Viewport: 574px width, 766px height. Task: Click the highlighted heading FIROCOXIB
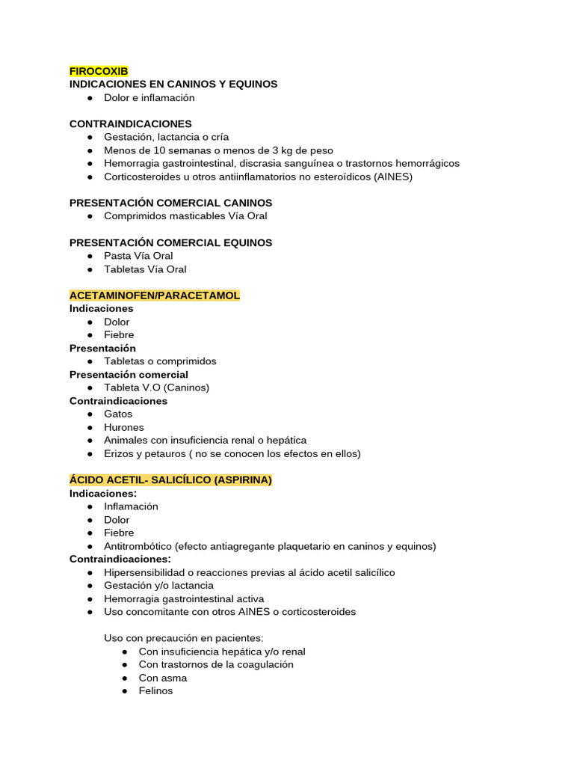pyautogui.click(x=99, y=71)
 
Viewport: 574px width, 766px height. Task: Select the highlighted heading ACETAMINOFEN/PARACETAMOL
pyautogui.click(x=155, y=295)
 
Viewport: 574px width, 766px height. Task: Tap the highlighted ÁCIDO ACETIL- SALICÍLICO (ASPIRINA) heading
pyautogui.click(x=170, y=480)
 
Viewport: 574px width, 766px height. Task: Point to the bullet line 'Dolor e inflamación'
pyautogui.click(x=149, y=98)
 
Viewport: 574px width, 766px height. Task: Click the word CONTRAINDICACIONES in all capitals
pyautogui.click(x=130, y=124)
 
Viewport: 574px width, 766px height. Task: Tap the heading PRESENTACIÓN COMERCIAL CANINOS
pyautogui.click(x=170, y=203)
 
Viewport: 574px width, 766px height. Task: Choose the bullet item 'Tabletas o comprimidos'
pyautogui.click(x=160, y=361)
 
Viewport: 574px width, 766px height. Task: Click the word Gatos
pyautogui.click(x=118, y=414)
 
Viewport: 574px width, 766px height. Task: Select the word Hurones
pyautogui.click(x=124, y=428)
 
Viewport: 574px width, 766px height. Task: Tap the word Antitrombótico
pyautogui.click(x=139, y=546)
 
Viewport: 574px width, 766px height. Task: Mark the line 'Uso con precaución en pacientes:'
pyautogui.click(x=183, y=639)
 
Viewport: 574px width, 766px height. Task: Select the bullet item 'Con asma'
pyautogui.click(x=163, y=678)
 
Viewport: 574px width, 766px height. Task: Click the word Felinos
pyautogui.click(x=155, y=691)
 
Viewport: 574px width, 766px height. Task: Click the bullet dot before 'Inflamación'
pyautogui.click(x=89, y=506)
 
